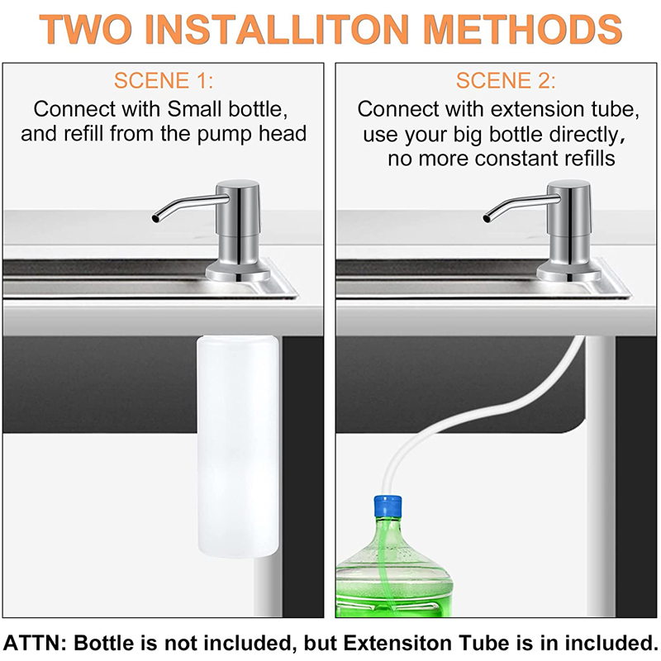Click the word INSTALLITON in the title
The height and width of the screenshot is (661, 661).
coord(277,29)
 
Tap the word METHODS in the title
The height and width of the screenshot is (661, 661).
coord(523,29)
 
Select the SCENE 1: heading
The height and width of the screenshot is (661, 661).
coord(164,80)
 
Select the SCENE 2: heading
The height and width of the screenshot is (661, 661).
coord(506,80)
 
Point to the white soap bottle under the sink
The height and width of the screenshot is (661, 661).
coord(239,446)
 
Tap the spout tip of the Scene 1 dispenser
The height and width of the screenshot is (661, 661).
coord(156,218)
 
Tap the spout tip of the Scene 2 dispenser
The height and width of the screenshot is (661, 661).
coord(487,218)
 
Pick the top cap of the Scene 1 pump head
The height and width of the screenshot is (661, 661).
coord(238,184)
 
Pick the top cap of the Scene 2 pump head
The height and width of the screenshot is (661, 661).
coord(569,184)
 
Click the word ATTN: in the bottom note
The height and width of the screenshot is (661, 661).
coord(35,643)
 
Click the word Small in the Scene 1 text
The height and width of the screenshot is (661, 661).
coord(195,109)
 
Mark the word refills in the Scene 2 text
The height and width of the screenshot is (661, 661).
coord(586,159)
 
